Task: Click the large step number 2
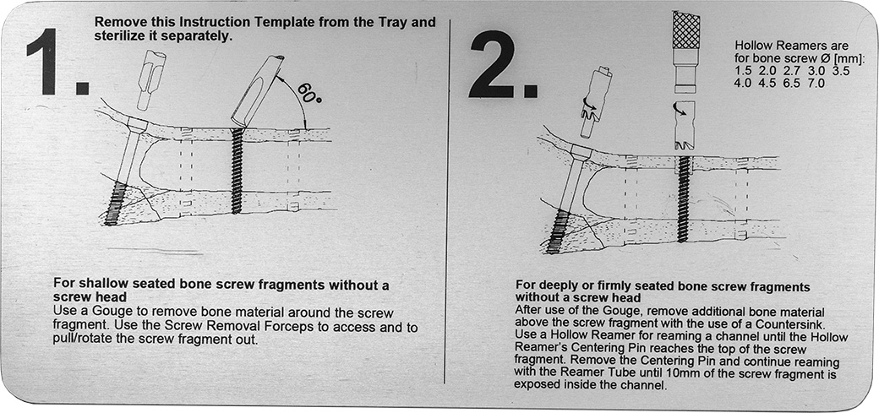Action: pos(502,63)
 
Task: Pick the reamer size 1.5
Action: pos(743,71)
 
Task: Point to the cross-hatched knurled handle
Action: pos(685,30)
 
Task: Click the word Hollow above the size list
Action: pos(752,46)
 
